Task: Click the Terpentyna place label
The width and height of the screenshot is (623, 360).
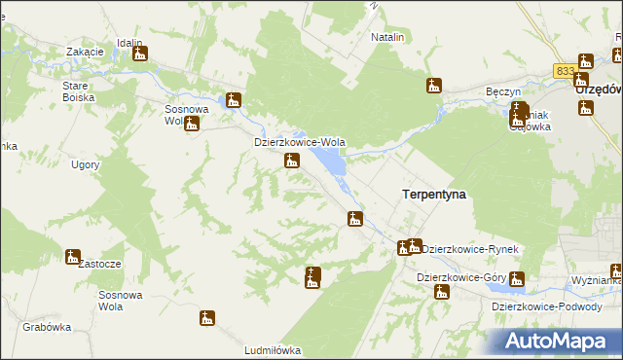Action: (x=433, y=195)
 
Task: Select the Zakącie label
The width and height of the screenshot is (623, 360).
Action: (x=85, y=51)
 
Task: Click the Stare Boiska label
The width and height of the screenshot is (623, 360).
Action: (x=78, y=91)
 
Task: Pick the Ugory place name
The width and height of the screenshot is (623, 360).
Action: (x=86, y=164)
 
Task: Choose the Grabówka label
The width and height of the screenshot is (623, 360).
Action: (x=48, y=327)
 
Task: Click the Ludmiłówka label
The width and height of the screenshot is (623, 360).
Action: (x=273, y=349)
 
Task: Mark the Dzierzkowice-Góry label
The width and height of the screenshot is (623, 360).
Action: (x=458, y=277)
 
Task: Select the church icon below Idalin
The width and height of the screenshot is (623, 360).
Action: (x=140, y=54)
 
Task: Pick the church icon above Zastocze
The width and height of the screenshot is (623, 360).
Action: (x=73, y=257)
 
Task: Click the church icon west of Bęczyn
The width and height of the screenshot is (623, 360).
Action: (x=434, y=86)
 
